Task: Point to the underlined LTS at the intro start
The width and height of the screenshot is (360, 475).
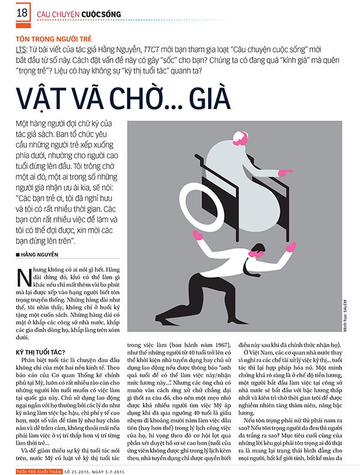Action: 22,49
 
